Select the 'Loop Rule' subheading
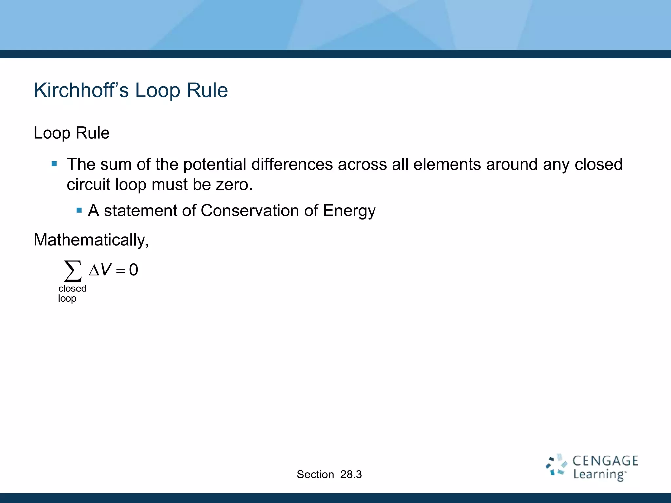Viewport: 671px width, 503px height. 71,133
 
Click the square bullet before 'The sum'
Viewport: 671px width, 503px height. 54,164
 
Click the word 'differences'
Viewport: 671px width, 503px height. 292,164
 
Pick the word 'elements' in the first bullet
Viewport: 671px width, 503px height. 447,164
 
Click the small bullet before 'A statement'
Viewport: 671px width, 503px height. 79,210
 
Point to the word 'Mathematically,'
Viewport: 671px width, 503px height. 91,240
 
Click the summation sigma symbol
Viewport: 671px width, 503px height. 73,271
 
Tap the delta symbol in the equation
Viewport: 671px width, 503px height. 94,270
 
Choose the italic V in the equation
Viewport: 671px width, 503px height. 106,270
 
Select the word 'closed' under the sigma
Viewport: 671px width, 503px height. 72,289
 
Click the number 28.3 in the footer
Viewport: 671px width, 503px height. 351,475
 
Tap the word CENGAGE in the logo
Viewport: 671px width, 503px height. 605,461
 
